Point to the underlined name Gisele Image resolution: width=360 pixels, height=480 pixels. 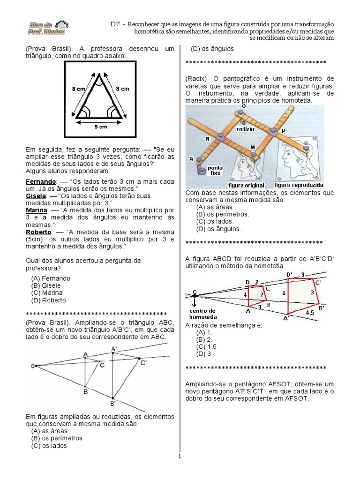(35, 195)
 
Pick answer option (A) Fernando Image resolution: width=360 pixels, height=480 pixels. (50, 278)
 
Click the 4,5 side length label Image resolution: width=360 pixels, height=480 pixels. (310, 311)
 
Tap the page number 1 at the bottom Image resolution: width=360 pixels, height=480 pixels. (179, 456)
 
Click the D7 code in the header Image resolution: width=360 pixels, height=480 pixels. (116, 23)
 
